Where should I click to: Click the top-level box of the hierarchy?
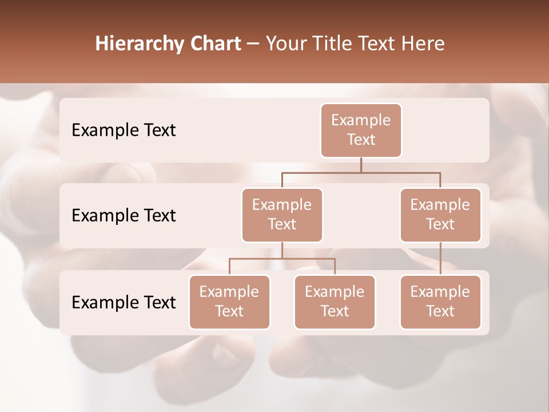(x=361, y=130)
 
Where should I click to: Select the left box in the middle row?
(x=282, y=215)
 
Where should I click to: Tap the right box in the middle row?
(x=440, y=215)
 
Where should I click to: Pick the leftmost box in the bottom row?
(x=229, y=302)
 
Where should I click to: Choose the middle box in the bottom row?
(x=335, y=302)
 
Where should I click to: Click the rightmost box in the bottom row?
(x=440, y=302)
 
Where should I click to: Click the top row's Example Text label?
(x=124, y=130)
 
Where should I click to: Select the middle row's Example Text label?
(x=124, y=216)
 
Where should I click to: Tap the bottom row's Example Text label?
(x=124, y=302)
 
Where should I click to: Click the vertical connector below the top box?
(x=361, y=165)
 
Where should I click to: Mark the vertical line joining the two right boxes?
(x=440, y=259)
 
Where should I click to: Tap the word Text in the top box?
(x=361, y=140)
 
